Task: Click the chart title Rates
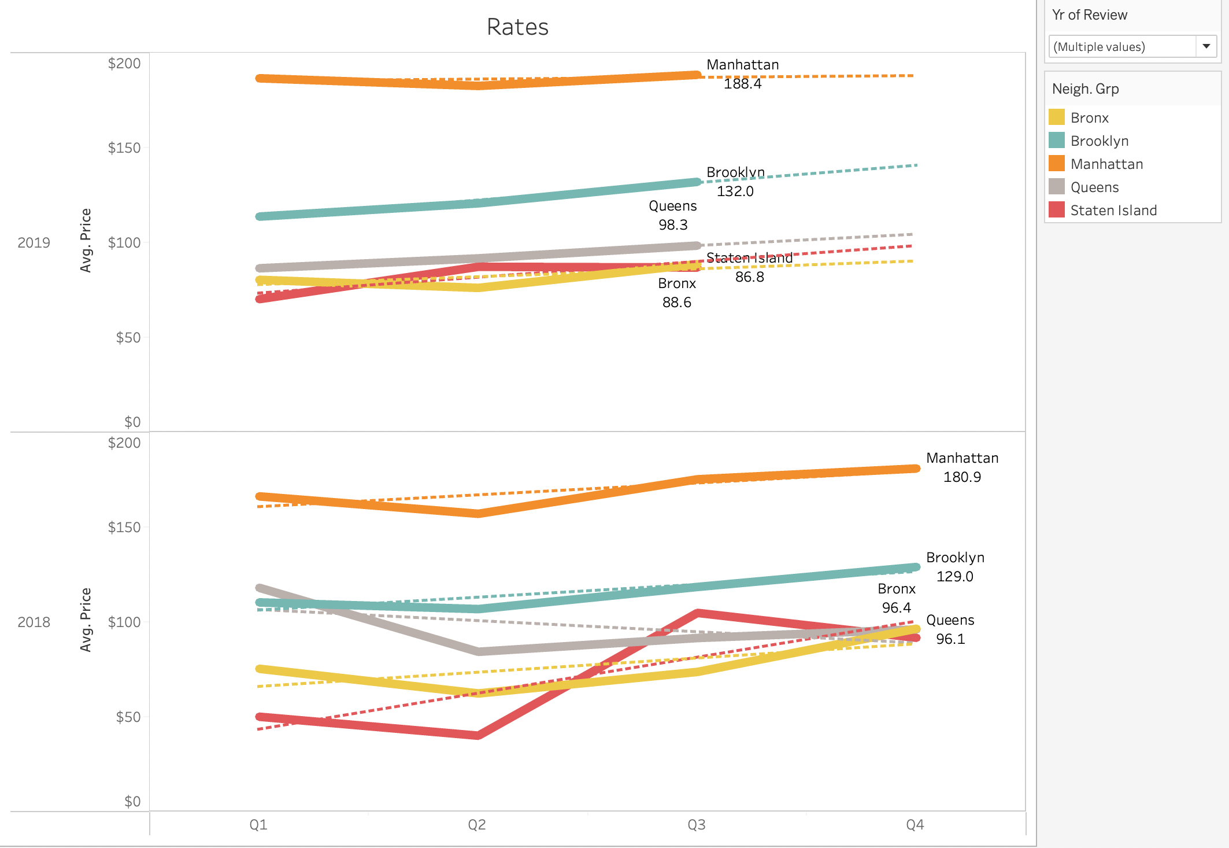point(517,27)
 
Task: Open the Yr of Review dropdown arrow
point(1206,46)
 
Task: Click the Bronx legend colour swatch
point(1057,117)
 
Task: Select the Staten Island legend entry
point(1113,210)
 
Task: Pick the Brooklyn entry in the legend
point(1099,141)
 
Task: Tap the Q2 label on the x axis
point(477,824)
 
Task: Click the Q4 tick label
point(915,824)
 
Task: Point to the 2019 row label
point(34,242)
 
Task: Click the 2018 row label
point(34,622)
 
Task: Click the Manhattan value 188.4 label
point(742,84)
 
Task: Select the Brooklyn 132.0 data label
point(735,191)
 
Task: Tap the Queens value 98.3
point(673,224)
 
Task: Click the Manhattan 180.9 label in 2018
point(962,477)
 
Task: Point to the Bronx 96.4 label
point(896,607)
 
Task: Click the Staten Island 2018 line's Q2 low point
point(477,735)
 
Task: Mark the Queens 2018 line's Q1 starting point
point(260,588)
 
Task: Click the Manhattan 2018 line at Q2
point(477,513)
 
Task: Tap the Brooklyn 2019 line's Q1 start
point(260,216)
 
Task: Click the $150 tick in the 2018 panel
point(124,527)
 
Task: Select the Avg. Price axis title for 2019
point(86,240)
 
